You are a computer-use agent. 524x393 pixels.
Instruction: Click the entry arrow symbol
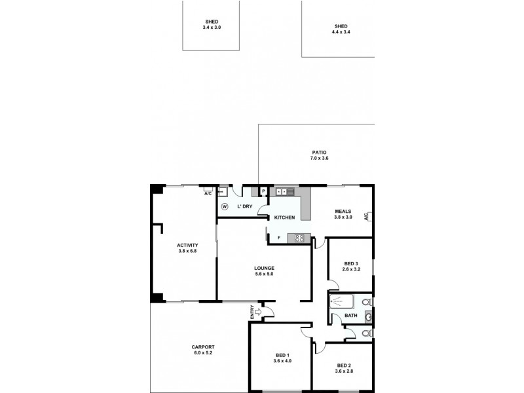(258, 313)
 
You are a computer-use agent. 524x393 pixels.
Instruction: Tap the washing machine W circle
(224, 206)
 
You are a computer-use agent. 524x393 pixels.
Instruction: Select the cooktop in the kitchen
(299, 237)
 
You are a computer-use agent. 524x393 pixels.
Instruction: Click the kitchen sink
(282, 191)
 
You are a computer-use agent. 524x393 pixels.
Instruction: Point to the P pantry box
(263, 192)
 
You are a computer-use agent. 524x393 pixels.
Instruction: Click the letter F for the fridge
(280, 237)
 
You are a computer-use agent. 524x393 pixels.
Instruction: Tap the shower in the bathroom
(341, 303)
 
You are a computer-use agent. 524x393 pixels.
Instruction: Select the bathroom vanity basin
(368, 316)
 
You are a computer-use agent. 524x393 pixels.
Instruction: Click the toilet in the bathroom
(367, 302)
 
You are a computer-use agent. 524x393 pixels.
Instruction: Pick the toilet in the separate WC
(367, 333)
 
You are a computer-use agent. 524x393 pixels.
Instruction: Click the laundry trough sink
(222, 192)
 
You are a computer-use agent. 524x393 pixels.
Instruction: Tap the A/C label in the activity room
(208, 193)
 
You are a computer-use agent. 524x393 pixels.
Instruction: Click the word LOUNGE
(265, 268)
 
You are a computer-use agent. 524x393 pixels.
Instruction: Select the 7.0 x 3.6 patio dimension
(319, 159)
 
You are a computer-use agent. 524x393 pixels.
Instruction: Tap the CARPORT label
(204, 347)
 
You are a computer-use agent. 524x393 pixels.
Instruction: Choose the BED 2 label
(344, 365)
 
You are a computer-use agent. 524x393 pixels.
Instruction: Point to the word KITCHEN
(284, 217)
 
